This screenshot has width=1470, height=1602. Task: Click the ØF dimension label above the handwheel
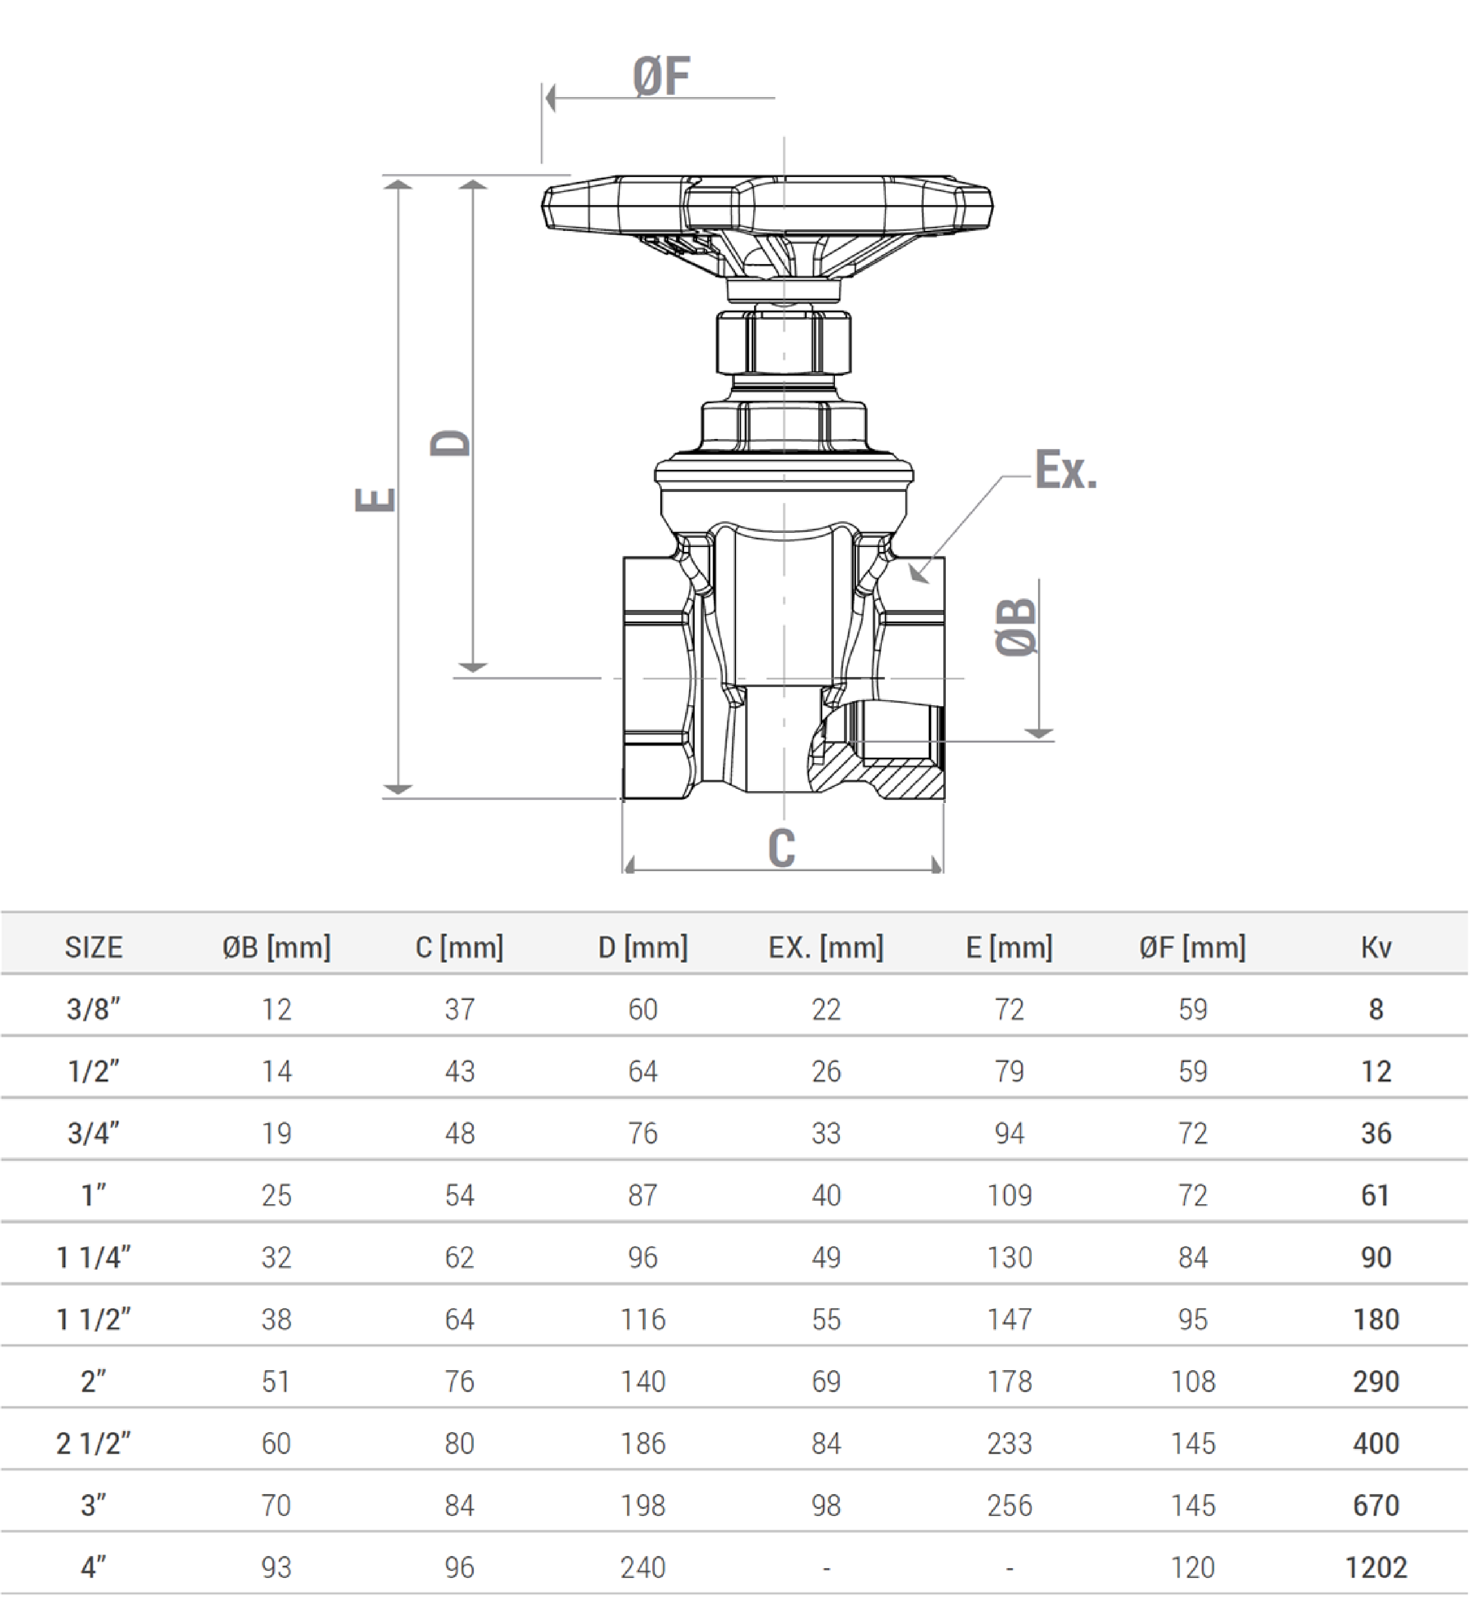tap(661, 77)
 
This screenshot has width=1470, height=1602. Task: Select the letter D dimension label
tap(450, 443)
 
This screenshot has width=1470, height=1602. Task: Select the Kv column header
tap(1376, 947)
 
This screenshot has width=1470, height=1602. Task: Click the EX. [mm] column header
tap(826, 947)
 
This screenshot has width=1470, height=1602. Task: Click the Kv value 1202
tap(1376, 1567)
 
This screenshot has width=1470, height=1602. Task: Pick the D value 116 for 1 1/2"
tap(643, 1319)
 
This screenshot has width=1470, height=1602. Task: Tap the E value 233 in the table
tap(1009, 1443)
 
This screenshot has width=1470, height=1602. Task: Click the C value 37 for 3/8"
tap(460, 1009)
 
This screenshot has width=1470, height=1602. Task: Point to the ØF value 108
tap(1193, 1381)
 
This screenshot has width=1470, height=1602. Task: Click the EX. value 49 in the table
tap(826, 1257)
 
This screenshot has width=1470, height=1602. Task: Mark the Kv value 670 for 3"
tap(1376, 1505)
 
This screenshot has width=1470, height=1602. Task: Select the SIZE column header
tap(94, 947)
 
